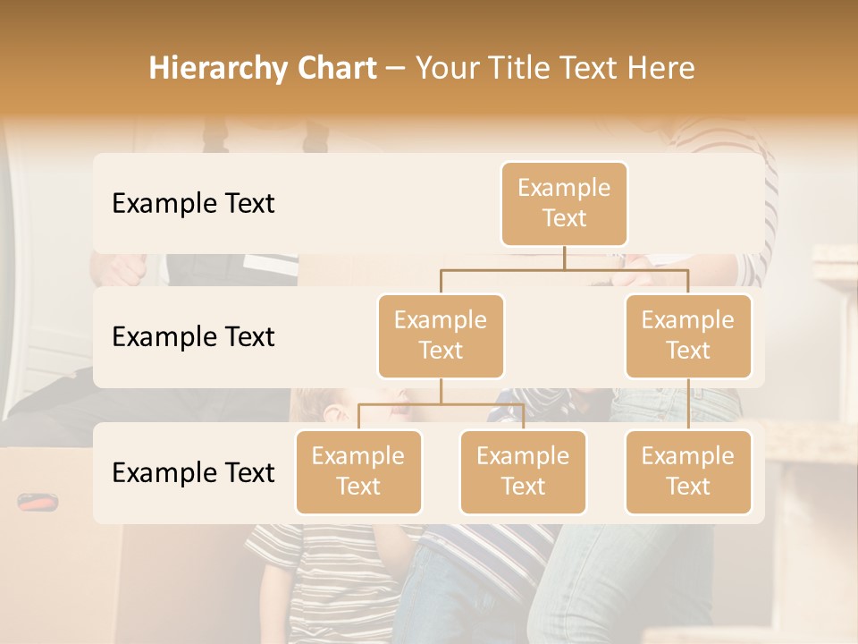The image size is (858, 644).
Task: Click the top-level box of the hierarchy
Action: coord(564,204)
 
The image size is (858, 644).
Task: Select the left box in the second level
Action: coord(441,336)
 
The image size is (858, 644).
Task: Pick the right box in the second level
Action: coord(688,336)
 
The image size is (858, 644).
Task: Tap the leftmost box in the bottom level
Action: coord(358,472)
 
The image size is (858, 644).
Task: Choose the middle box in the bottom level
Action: coord(523,472)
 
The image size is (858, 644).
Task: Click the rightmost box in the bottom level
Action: coord(688,472)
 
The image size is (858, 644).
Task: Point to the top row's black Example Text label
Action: coord(193,204)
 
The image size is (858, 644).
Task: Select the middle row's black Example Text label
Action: coord(193,337)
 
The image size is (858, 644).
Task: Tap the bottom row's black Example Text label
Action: coord(193,473)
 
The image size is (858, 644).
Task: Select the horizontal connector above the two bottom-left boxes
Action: coord(441,405)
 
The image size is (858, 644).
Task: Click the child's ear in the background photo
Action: coord(333,412)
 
